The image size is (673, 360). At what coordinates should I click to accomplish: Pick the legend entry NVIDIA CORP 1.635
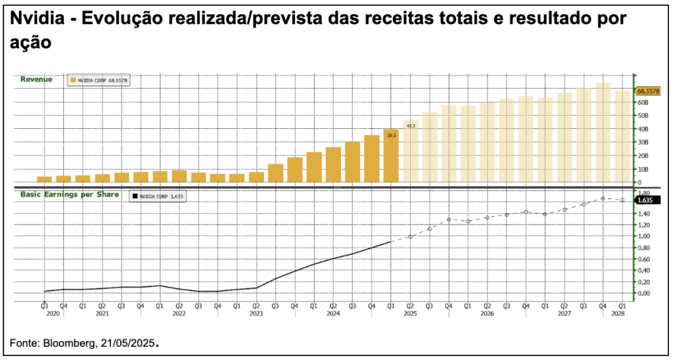(x=158, y=196)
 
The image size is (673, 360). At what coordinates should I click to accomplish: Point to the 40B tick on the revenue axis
(x=643, y=129)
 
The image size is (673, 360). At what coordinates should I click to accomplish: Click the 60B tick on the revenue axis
(x=643, y=102)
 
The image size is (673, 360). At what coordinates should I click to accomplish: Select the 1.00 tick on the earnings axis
(x=643, y=236)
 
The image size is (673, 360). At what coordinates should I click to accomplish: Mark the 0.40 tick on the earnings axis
(x=643, y=271)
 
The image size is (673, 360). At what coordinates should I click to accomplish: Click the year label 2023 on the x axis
(x=256, y=313)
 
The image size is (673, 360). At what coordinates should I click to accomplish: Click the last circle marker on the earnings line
(x=622, y=200)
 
